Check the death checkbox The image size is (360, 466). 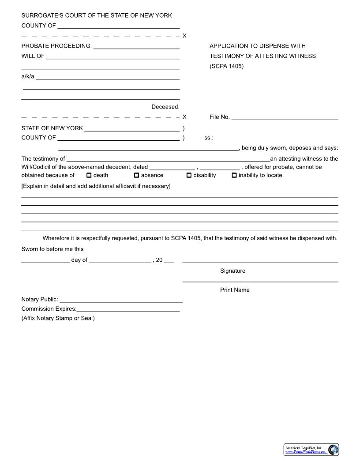(x=89, y=175)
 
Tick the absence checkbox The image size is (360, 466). (x=136, y=175)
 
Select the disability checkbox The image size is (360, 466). (x=189, y=175)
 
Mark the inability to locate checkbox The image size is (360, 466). (x=234, y=175)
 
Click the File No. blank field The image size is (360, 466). (x=285, y=117)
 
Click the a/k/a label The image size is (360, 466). (x=27, y=76)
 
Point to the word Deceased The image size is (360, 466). (x=165, y=107)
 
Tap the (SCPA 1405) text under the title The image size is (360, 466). (x=226, y=67)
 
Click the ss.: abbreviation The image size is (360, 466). (x=209, y=138)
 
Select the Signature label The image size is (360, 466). (x=232, y=271)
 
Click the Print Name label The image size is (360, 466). (x=235, y=290)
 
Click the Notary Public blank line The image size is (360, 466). (x=121, y=300)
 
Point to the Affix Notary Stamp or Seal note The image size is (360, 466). (x=58, y=318)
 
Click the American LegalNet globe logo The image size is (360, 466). (x=334, y=450)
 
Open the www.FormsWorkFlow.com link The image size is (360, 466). (x=305, y=452)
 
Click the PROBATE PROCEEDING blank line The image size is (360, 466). (x=136, y=46)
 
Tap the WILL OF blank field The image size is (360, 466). (x=112, y=56)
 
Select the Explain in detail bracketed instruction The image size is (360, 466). (x=96, y=186)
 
